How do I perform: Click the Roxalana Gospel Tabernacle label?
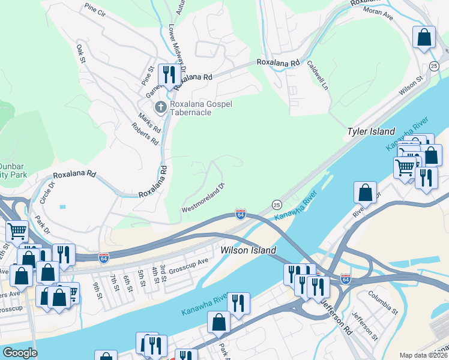(x=200, y=108)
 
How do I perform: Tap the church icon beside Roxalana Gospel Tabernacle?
(x=160, y=107)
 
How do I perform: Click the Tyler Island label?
(x=371, y=131)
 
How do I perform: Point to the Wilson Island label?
(x=248, y=250)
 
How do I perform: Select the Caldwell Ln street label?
(x=318, y=75)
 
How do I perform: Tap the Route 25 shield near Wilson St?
(x=434, y=65)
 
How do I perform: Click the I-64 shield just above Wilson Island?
(x=240, y=214)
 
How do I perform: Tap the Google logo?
(x=20, y=353)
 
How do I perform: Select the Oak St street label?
(x=82, y=53)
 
